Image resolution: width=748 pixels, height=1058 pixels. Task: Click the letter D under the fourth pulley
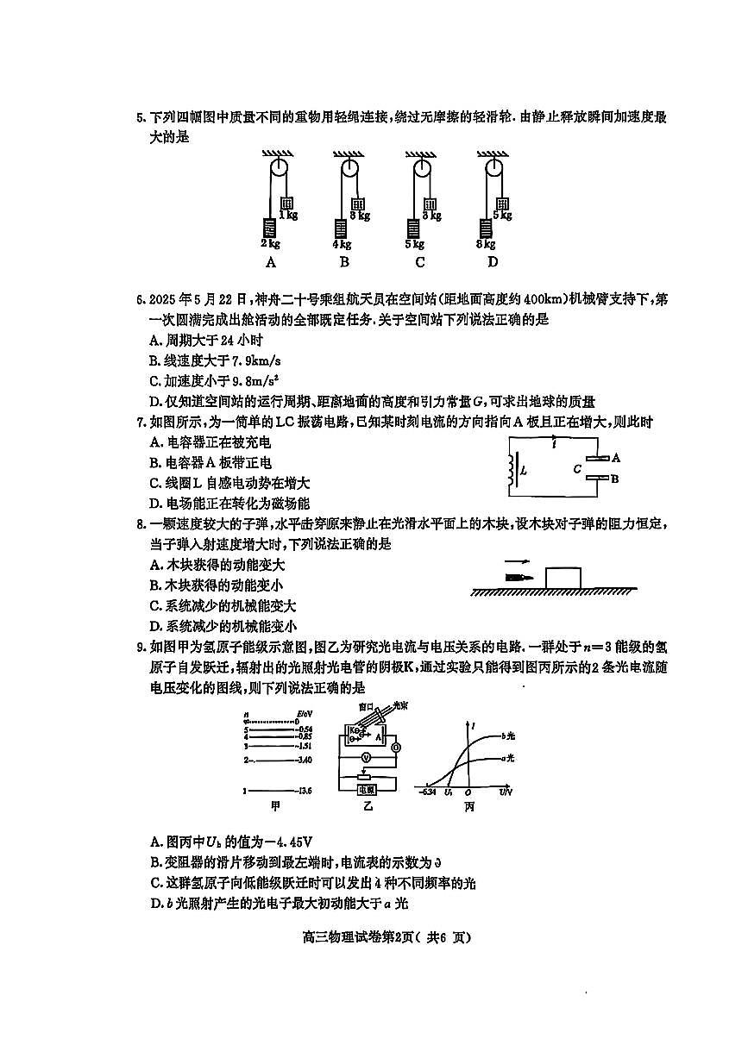point(493,262)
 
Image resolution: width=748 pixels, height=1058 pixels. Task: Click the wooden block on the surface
point(567,577)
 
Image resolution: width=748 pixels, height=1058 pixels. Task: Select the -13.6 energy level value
point(304,790)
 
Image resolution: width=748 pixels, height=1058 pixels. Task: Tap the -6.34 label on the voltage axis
point(430,791)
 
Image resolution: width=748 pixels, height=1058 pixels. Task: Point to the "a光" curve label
point(508,758)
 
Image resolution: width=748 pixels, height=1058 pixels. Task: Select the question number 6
point(140,298)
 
